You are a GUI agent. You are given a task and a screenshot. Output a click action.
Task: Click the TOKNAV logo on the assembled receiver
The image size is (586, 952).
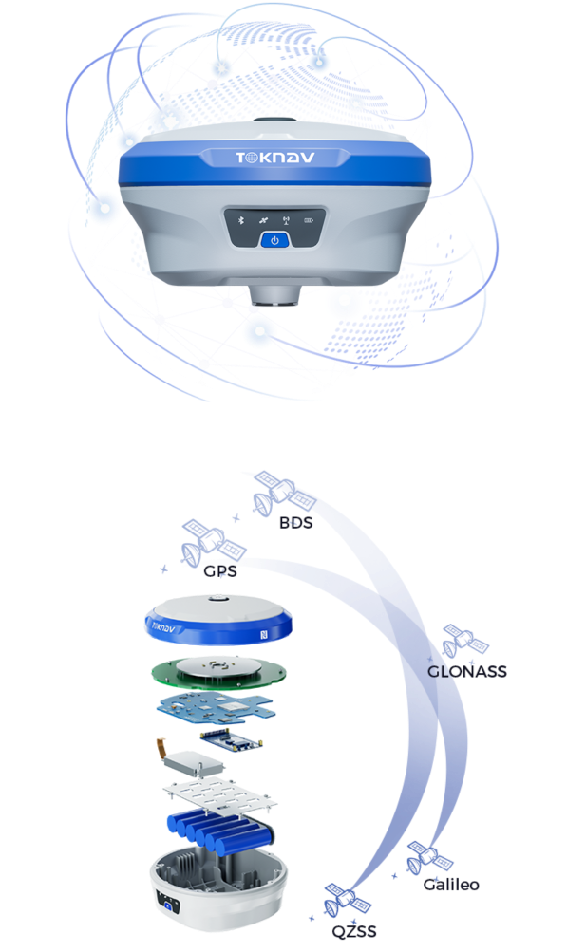(x=274, y=159)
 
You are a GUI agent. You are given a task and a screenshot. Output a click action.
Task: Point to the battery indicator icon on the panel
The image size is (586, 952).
(x=309, y=220)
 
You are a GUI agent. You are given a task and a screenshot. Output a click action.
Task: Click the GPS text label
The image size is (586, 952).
(x=219, y=571)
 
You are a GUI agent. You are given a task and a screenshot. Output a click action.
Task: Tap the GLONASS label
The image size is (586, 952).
(x=466, y=672)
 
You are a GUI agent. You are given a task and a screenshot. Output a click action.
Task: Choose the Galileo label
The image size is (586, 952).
(x=451, y=886)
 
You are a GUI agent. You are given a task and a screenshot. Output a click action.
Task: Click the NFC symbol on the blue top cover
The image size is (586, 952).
(x=265, y=635)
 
